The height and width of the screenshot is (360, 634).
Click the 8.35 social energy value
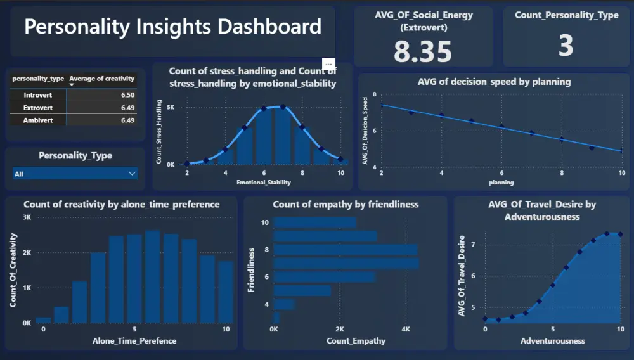(x=423, y=51)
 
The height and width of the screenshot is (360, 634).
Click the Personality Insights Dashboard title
(x=172, y=27)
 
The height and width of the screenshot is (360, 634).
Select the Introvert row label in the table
(x=37, y=95)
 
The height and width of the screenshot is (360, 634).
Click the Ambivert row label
(x=37, y=120)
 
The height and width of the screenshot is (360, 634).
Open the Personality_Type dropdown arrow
(x=132, y=173)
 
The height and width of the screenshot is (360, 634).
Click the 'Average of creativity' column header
(x=101, y=79)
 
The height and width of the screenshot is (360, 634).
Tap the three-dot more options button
(x=328, y=64)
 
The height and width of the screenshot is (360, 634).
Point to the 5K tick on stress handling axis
(x=171, y=108)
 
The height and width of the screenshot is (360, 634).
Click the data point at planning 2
(x=381, y=105)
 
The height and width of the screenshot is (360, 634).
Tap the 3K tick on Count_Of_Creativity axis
(x=27, y=217)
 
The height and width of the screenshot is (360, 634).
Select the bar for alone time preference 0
(x=43, y=320)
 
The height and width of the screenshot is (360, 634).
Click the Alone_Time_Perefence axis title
(x=134, y=341)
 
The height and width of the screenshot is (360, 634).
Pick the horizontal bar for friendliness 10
(x=315, y=222)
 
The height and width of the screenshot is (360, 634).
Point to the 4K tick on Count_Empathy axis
(x=406, y=330)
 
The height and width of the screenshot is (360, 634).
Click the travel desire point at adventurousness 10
(x=621, y=234)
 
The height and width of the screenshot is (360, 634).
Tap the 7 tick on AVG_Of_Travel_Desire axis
(x=474, y=244)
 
